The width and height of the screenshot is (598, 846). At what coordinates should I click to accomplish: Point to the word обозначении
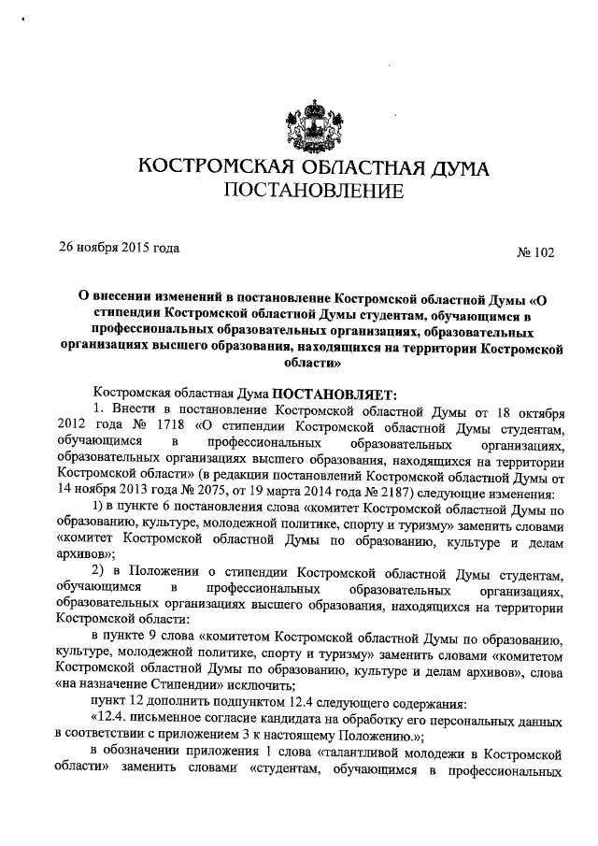tap(149, 753)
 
